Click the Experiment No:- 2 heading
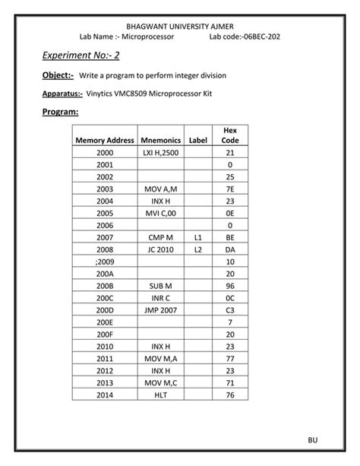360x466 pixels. point(73,55)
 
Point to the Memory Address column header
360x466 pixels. point(105,141)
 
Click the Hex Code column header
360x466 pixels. point(229,135)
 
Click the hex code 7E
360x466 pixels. point(229,189)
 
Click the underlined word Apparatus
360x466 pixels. point(58,94)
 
